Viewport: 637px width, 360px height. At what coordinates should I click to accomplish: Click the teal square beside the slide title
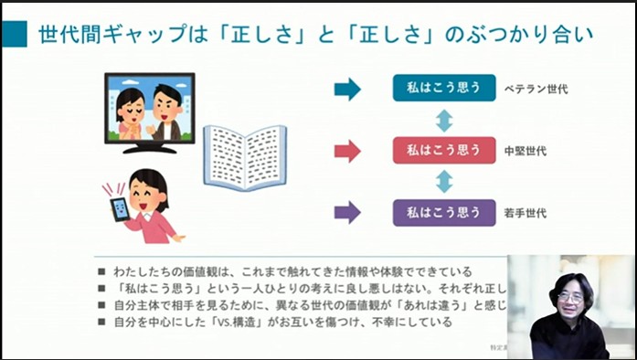pos(15,35)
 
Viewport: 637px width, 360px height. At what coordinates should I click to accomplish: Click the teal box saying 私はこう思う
pos(444,89)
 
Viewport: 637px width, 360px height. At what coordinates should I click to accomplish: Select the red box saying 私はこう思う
pos(444,150)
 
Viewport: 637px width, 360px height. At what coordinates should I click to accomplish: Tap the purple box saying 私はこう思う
pos(444,213)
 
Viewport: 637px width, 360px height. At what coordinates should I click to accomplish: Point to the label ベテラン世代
pos(536,90)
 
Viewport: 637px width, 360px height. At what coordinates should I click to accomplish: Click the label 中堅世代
pos(526,151)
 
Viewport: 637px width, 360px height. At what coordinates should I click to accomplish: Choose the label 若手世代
pos(526,214)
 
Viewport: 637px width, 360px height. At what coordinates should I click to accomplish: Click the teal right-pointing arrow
pos(347,89)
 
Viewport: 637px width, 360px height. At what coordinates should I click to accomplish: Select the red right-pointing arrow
pos(347,151)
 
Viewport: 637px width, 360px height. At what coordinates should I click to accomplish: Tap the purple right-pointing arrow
pos(347,213)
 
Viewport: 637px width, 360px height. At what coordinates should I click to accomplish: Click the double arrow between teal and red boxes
pos(444,120)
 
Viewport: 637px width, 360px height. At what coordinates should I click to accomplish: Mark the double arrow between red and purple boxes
pos(444,181)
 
